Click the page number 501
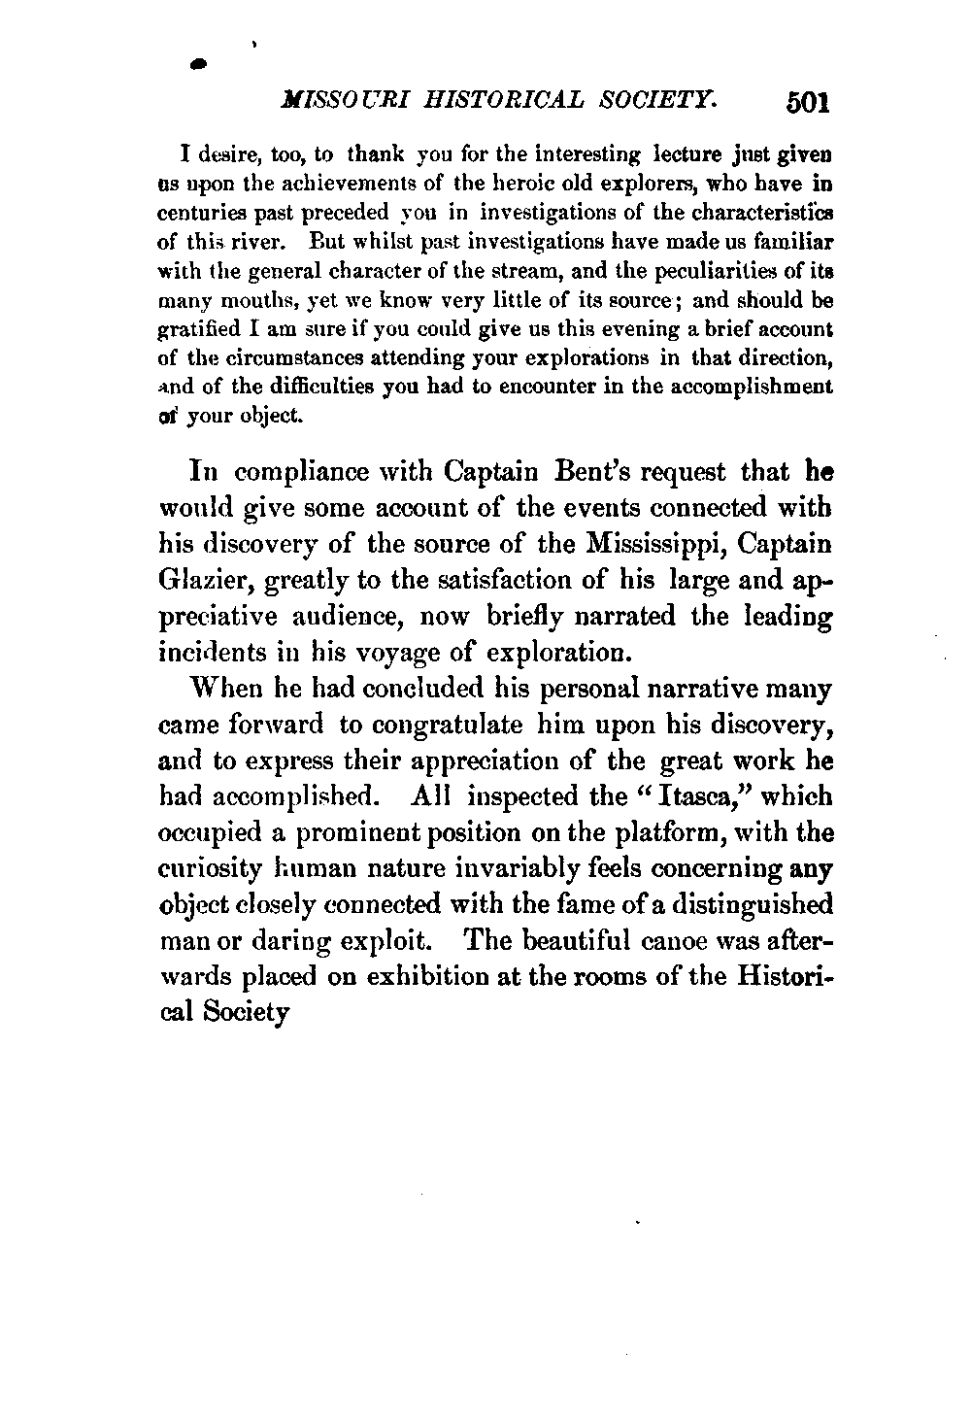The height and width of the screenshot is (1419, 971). pyautogui.click(x=807, y=102)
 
